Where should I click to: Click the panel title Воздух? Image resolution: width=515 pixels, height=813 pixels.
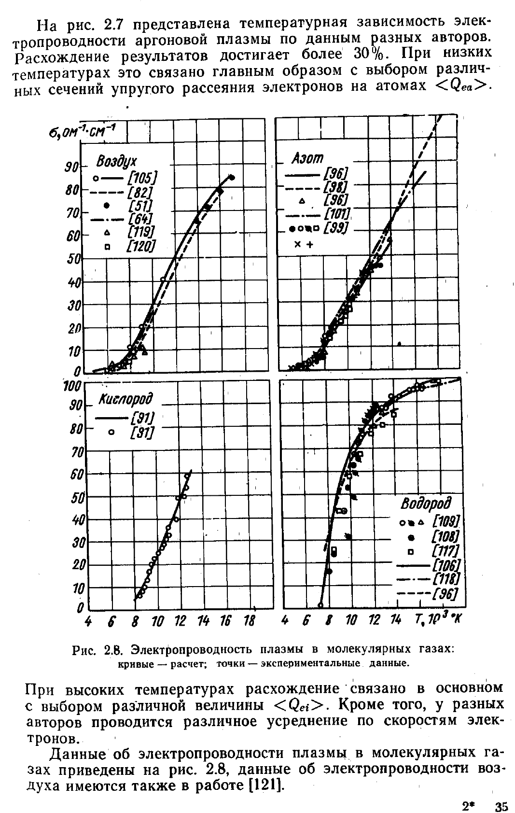116,162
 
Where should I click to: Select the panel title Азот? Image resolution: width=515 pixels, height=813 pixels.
307,158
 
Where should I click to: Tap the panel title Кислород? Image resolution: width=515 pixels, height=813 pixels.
126,400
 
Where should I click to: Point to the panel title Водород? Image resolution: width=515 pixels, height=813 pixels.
427,504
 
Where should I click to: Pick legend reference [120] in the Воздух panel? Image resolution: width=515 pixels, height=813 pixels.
141,247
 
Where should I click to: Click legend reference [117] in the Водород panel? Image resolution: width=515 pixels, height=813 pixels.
445,551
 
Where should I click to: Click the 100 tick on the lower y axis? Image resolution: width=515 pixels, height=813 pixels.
72,386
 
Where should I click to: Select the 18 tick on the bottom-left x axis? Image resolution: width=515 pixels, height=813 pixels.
249,621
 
